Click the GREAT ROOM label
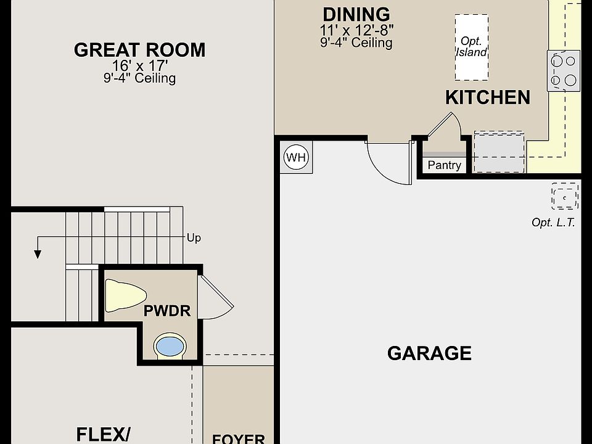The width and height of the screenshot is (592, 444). click(x=140, y=50)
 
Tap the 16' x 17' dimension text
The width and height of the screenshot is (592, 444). click(x=140, y=66)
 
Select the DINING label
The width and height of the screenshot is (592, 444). click(x=356, y=15)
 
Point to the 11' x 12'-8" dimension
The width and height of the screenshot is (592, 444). click(x=357, y=30)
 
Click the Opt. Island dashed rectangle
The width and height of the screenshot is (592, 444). click(x=471, y=47)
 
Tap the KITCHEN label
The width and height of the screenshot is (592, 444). click(x=488, y=97)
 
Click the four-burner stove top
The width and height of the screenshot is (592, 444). click(x=564, y=70)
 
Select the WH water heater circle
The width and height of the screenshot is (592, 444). click(x=297, y=157)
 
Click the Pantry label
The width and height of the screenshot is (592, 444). click(x=445, y=165)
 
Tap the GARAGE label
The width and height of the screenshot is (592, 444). click(x=429, y=353)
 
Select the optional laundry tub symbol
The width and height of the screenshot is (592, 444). click(x=565, y=196)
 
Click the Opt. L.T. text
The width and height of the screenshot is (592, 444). click(x=553, y=223)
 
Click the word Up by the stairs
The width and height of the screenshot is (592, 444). click(x=194, y=238)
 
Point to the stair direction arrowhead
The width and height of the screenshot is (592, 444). click(x=38, y=254)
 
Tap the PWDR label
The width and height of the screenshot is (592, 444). click(x=167, y=311)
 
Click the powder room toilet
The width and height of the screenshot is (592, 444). click(x=125, y=295)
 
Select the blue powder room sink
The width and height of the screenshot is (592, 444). click(x=170, y=346)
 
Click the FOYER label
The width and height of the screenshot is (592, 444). click(x=239, y=438)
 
